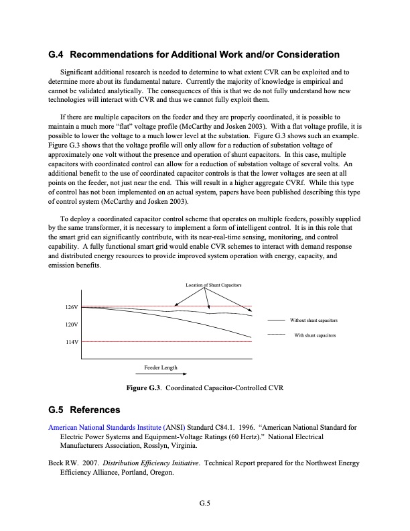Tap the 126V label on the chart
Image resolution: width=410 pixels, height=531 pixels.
pyautogui.click(x=72, y=307)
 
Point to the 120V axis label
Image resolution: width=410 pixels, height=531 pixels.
pyautogui.click(x=72, y=324)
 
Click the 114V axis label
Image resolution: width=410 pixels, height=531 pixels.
pyautogui.click(x=72, y=342)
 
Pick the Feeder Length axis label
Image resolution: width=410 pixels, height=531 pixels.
pyautogui.click(x=161, y=368)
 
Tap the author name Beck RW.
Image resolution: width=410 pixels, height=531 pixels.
pyautogui.click(x=63, y=463)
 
